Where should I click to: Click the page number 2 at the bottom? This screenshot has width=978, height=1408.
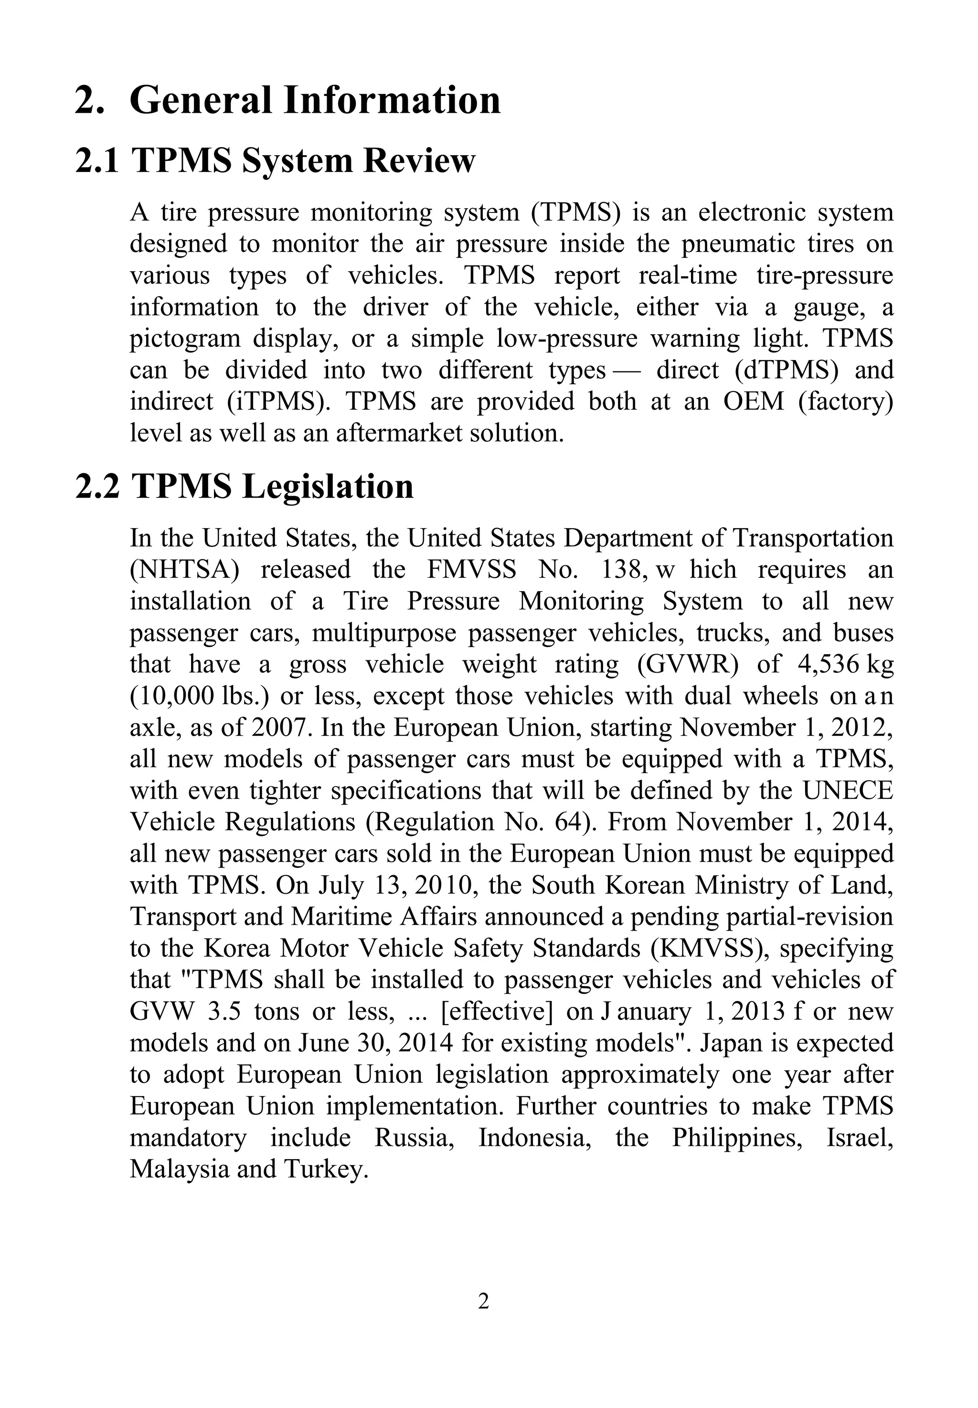pyautogui.click(x=483, y=1301)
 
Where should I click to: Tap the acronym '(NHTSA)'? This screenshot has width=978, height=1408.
pyautogui.click(x=184, y=570)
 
